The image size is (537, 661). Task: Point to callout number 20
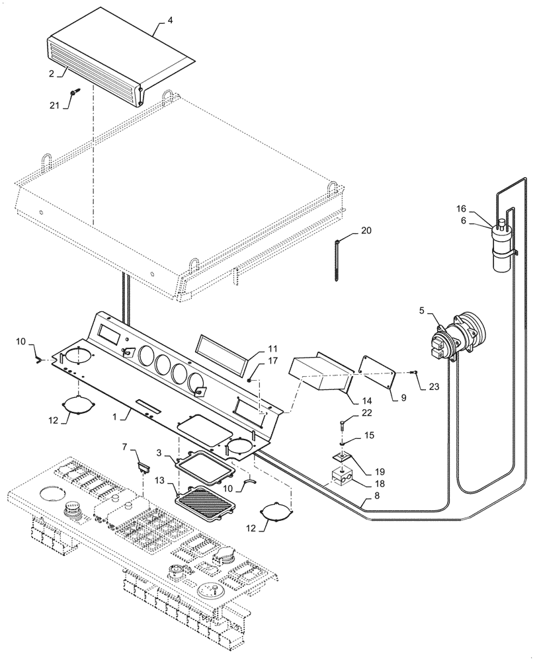click(366, 231)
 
